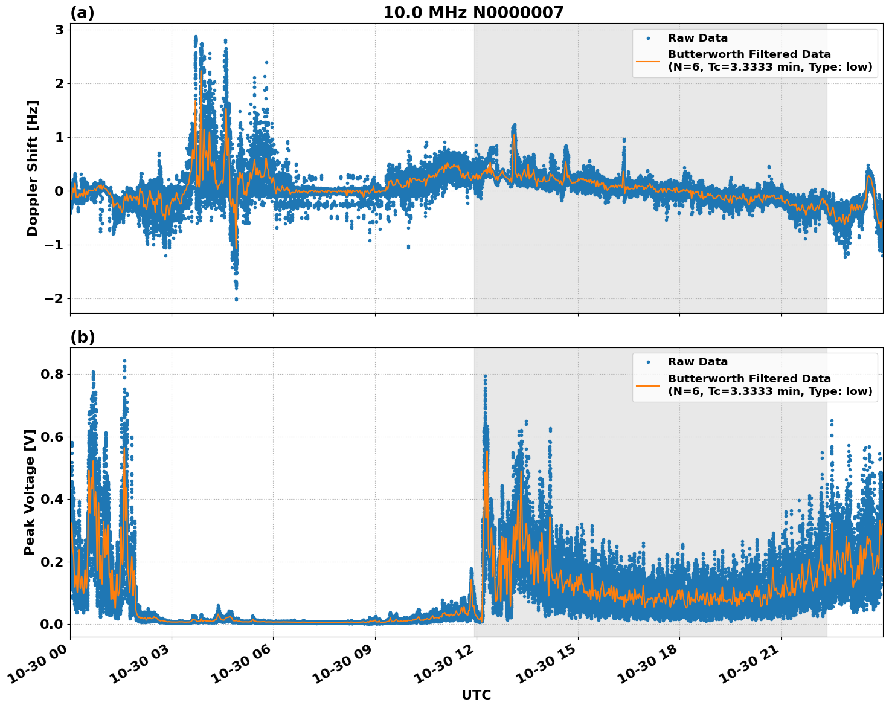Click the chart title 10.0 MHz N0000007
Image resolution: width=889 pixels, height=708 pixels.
[473, 13]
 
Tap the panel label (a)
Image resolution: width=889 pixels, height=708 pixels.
[82, 13]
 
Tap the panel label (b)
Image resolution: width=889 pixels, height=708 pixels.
[83, 337]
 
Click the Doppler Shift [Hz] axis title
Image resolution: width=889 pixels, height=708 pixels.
[33, 168]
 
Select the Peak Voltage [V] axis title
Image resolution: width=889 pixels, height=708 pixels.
[30, 492]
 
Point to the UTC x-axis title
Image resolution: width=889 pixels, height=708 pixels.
[476, 695]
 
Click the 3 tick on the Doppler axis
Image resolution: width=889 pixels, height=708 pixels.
[60, 30]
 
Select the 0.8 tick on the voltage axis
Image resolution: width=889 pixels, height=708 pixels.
[52, 374]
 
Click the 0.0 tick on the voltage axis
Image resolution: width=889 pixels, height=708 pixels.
[52, 624]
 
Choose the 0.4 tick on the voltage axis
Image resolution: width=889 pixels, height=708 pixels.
[52, 499]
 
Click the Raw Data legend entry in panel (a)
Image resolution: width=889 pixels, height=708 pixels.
[698, 38]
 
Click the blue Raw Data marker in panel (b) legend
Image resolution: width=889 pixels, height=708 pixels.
[648, 362]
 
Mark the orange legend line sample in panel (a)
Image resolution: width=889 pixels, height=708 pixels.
[648, 60]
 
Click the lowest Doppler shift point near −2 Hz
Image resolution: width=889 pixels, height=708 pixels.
[236, 299]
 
